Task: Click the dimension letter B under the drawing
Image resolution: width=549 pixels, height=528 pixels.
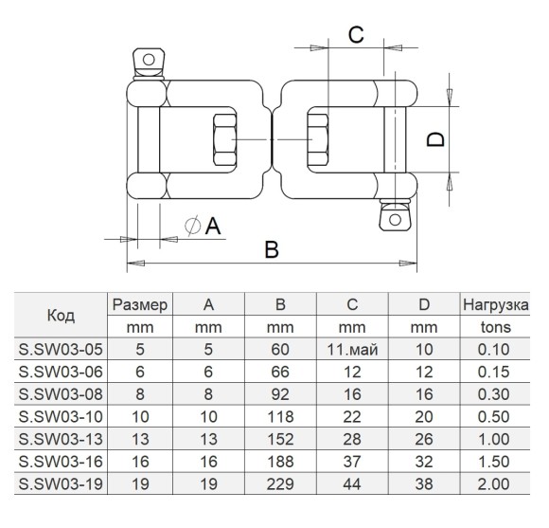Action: coord(272,249)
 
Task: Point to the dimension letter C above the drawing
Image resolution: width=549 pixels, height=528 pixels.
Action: coord(356,35)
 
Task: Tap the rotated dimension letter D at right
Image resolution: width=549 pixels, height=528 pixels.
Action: coord(435,139)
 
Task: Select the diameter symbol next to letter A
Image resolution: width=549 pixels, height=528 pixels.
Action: coord(192,225)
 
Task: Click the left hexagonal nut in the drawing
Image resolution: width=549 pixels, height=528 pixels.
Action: coord(224,139)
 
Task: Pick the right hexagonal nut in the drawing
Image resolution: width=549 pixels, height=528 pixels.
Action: coord(318,139)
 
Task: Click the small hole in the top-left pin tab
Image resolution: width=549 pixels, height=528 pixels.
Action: coord(149,60)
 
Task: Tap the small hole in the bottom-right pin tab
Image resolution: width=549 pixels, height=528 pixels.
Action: coord(395,220)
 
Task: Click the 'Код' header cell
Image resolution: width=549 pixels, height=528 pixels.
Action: coord(61,316)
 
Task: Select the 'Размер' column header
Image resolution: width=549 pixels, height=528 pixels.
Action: coord(140,304)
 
